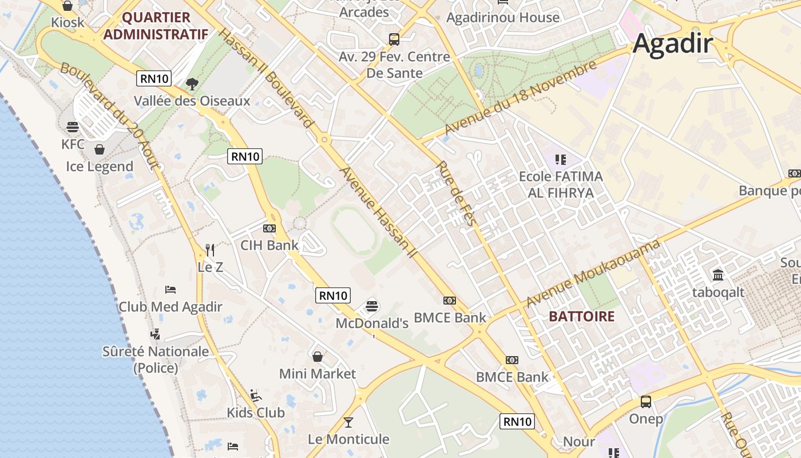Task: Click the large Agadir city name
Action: pos(673,44)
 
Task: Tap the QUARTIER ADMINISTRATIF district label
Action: pos(156,26)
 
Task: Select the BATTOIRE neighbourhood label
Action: pos(581,316)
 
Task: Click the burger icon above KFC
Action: pos(73,127)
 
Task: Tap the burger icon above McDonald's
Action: pos(372,306)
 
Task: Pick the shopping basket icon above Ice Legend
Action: pos(100,149)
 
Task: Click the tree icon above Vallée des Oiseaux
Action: pos(192,84)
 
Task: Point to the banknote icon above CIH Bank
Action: pos(269,228)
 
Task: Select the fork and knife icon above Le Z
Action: pos(210,250)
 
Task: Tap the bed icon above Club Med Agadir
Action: pos(170,289)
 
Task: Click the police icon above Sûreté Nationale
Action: pos(155,334)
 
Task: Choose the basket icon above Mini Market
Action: pos(318,357)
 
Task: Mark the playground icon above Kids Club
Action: pos(256,395)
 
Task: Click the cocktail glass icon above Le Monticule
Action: pos(348,423)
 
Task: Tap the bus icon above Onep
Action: pos(646,401)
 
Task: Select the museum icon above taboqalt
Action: pos(718,275)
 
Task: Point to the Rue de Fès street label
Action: pos(456,194)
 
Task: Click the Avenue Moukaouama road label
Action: pos(593,273)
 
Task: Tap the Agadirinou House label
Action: pos(502,17)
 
